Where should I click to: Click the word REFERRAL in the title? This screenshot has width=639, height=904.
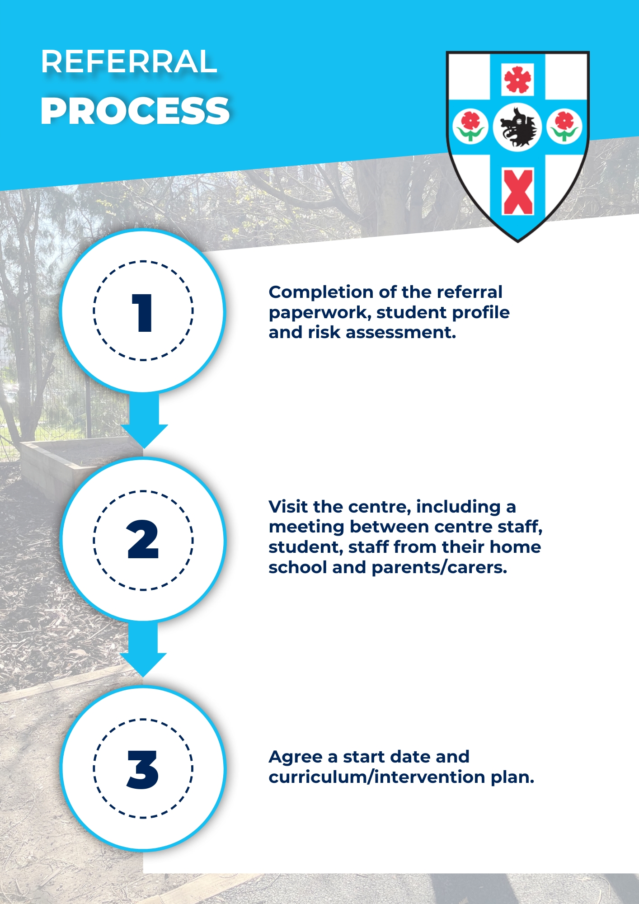[x=129, y=61]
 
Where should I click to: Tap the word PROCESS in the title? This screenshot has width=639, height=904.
[x=135, y=111]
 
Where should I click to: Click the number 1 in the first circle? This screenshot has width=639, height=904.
[x=143, y=313]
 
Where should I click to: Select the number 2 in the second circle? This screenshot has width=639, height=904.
[x=143, y=539]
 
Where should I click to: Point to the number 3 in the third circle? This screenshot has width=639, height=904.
[x=143, y=770]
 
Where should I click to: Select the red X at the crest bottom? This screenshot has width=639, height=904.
[x=518, y=192]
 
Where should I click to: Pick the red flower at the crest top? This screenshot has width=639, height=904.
[x=518, y=80]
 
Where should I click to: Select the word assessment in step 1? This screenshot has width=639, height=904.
[x=401, y=333]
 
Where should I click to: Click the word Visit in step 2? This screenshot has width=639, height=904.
[x=288, y=507]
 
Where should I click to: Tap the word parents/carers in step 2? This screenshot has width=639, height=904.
[x=439, y=568]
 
